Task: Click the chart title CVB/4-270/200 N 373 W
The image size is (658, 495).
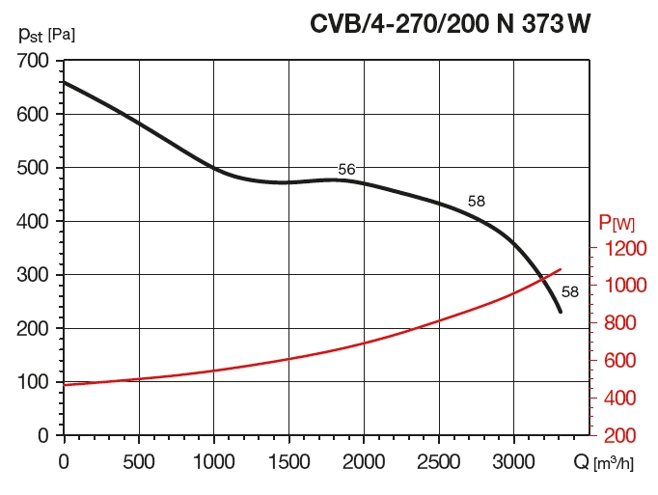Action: click(449, 23)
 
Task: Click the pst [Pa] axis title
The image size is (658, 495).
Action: click(46, 35)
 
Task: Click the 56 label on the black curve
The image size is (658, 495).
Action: click(346, 170)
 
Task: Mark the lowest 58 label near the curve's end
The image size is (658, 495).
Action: click(569, 292)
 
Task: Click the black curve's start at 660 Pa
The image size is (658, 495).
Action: click(64, 82)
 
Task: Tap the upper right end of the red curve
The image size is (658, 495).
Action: click(561, 269)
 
